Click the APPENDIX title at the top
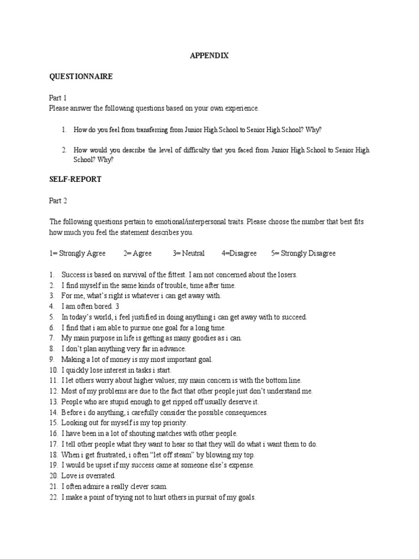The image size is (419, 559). [209, 56]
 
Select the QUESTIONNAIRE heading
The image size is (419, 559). [81, 77]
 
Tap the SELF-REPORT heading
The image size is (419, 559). [75, 180]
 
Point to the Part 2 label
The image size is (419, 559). [58, 200]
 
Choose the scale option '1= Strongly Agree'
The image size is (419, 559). [79, 253]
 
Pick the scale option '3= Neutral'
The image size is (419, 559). [189, 253]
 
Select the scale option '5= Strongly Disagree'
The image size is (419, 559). [303, 253]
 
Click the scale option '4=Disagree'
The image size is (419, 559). [239, 253]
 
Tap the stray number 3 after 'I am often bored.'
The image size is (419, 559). [117, 306]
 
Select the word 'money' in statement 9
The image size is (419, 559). [119, 359]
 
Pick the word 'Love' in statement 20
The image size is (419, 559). [68, 476]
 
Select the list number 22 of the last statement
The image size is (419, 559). [53, 497]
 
